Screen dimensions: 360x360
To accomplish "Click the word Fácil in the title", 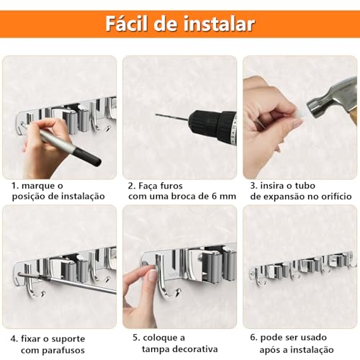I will pos(129,23).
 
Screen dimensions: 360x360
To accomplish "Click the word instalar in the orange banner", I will pos(218,23).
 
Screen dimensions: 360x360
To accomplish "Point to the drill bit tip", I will pos(157,115).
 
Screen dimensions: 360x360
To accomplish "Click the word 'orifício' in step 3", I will pos(330,196).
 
